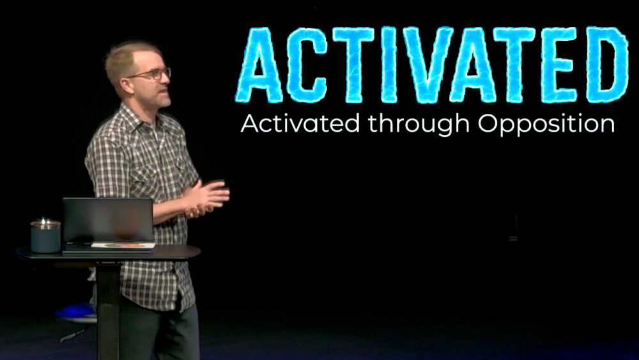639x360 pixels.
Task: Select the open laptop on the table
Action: click(107, 221)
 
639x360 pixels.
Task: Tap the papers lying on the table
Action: click(123, 246)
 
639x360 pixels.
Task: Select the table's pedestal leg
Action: click(107, 307)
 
